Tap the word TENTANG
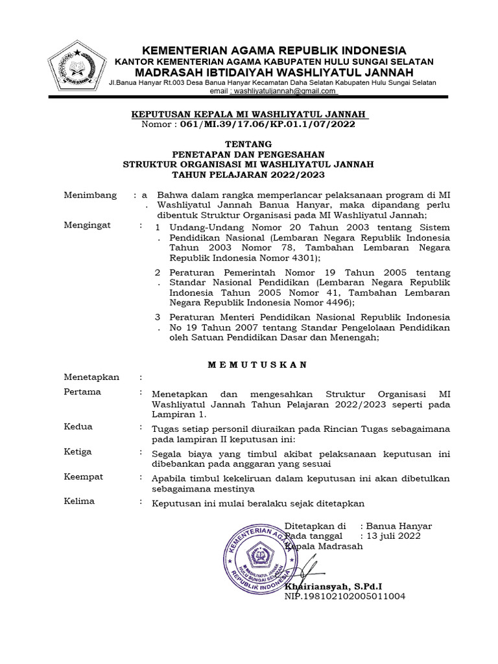(x=248, y=144)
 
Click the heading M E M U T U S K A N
(x=257, y=364)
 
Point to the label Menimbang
(x=90, y=195)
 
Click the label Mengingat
(x=88, y=225)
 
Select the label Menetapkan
(x=91, y=377)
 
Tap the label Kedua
(x=78, y=427)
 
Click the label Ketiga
(x=78, y=451)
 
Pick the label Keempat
(x=84, y=477)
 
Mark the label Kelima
(x=80, y=501)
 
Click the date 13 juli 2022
(x=394, y=536)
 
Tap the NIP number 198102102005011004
(x=345, y=596)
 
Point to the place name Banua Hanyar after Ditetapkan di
(x=399, y=526)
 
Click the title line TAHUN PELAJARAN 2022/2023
(x=248, y=175)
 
